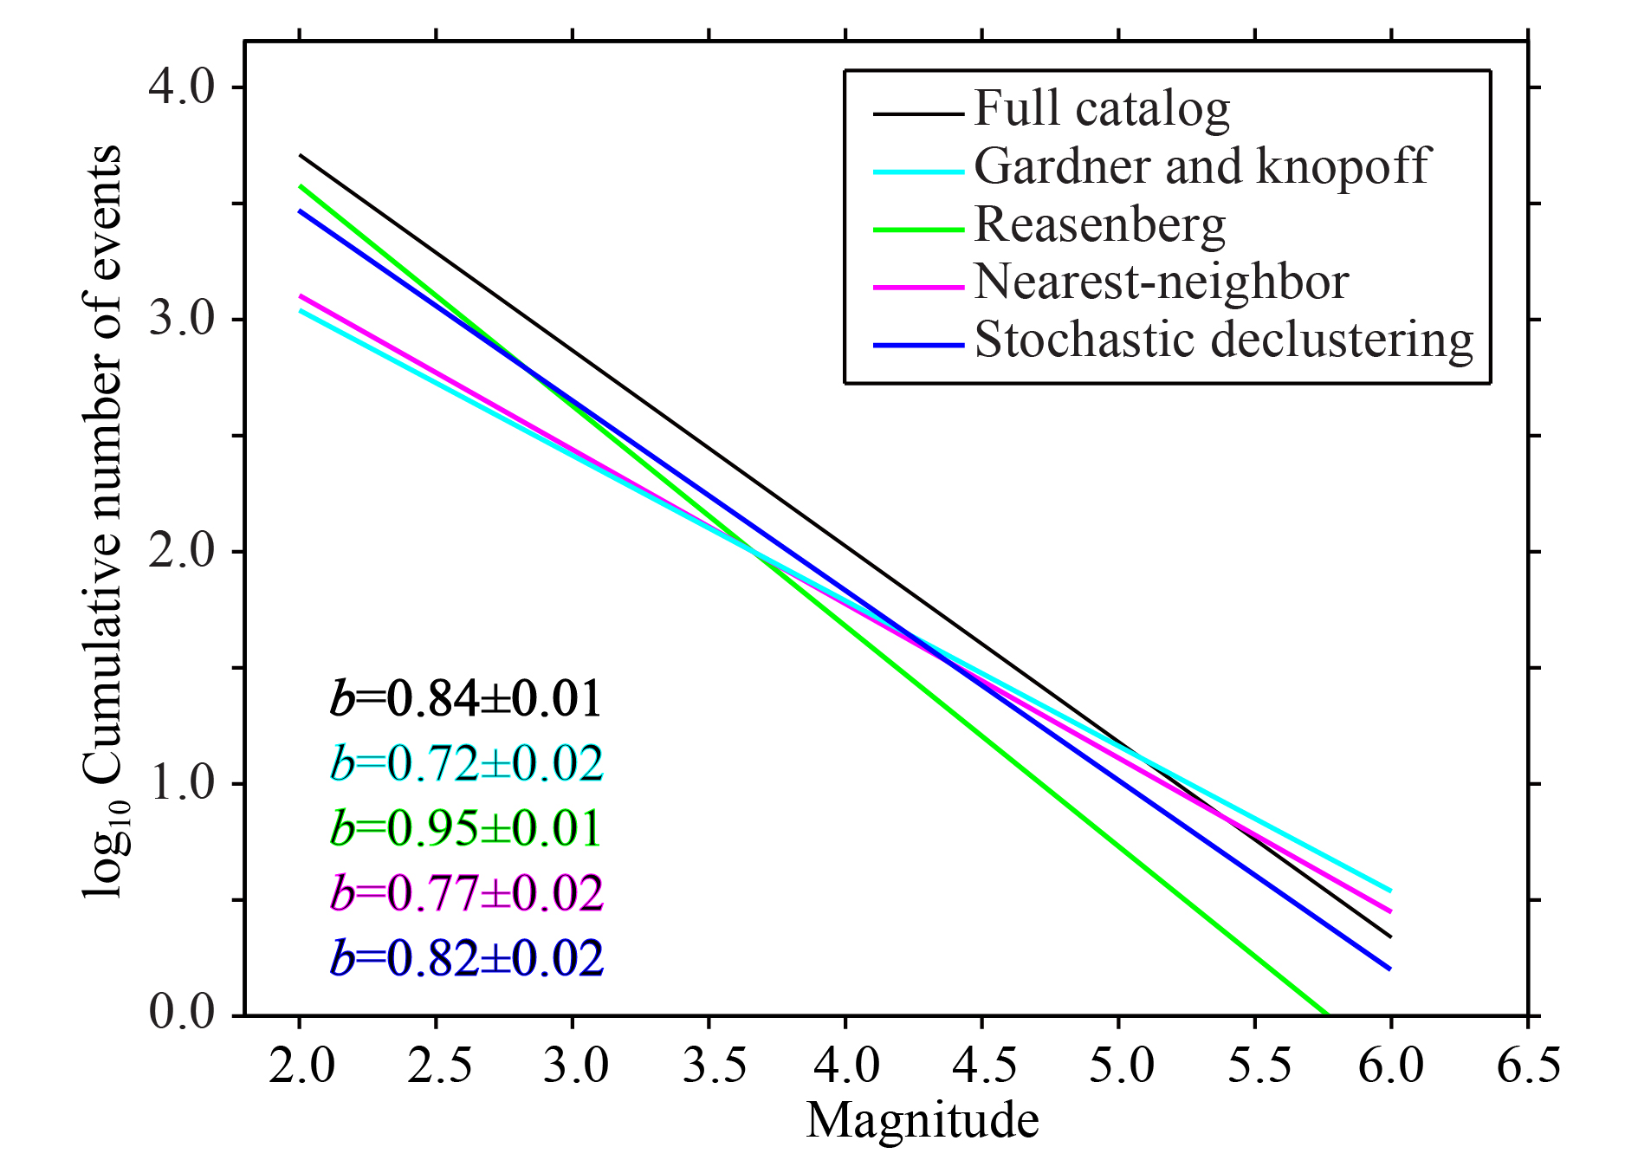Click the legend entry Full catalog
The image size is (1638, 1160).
[x=1102, y=110]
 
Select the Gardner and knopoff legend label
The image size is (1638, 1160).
[x=1202, y=165]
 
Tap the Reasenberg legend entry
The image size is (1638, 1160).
[x=1100, y=225]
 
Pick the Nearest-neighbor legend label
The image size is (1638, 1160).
[x=1162, y=282]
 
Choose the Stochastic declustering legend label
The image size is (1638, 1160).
[x=1224, y=340]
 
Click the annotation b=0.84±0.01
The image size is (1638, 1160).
[x=466, y=699]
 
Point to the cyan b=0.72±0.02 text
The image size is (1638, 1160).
[x=466, y=763]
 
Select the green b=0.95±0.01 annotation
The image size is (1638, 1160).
[x=466, y=828]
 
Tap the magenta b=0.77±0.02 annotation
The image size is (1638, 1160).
[x=466, y=893]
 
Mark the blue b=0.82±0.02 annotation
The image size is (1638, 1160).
[x=466, y=958]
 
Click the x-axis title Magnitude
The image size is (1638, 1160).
[x=923, y=1120]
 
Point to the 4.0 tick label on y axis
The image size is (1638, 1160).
[x=182, y=87]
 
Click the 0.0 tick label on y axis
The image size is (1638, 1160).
[x=182, y=1012]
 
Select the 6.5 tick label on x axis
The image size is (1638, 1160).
[x=1529, y=1066]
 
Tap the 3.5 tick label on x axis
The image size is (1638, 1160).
[x=709, y=1066]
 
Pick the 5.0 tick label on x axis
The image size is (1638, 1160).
[x=1119, y=1066]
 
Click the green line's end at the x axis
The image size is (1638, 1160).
[x=1327, y=1014]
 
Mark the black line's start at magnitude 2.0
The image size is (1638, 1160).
[x=300, y=155]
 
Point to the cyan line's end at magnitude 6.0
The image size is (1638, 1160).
[x=1391, y=891]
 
